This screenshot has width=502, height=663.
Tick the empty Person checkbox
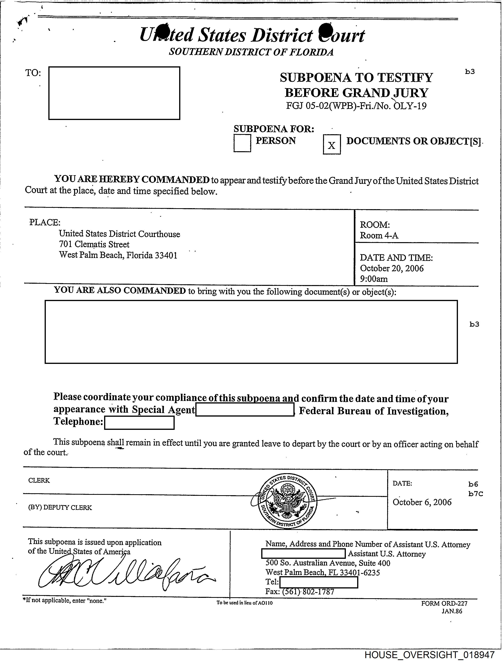pos(242,143)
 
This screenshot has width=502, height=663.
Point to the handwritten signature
pos(126,574)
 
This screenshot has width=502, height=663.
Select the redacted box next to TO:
pos(114,93)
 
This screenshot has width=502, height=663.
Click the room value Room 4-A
pos(379,236)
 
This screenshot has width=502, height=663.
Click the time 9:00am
pos(374,279)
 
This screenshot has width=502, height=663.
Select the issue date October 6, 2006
pos(422,502)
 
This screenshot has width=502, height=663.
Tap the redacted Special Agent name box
pos(244,410)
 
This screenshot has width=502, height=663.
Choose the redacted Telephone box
pos(139,423)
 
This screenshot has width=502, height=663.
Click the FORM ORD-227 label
pos(444,603)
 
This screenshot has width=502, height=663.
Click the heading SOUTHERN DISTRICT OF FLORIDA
pos(251,52)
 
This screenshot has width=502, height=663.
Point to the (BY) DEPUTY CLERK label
pos(60,507)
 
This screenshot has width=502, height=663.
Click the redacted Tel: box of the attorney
pos(318,582)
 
